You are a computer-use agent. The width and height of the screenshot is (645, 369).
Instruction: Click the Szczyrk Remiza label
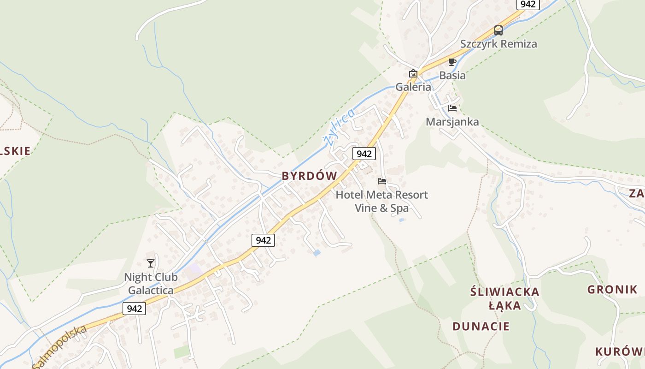498,44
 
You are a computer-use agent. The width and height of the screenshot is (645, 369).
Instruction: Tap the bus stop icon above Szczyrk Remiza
498,30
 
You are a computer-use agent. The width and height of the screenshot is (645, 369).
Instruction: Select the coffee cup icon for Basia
452,62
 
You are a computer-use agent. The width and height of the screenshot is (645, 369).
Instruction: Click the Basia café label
452,75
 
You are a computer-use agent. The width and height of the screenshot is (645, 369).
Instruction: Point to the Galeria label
413,87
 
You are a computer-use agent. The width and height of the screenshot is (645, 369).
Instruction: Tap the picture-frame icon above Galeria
413,73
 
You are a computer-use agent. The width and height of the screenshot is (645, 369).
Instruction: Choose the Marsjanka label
452,122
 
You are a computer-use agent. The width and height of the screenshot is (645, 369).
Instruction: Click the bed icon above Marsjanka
452,108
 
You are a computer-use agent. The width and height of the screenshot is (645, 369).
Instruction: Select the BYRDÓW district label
309,176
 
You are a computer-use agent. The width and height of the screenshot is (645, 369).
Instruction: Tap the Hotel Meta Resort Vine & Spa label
381,201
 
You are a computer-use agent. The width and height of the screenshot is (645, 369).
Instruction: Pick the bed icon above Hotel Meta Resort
382,181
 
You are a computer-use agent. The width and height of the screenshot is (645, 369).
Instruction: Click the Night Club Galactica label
151,284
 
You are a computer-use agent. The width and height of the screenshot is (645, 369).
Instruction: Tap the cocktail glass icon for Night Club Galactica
151,263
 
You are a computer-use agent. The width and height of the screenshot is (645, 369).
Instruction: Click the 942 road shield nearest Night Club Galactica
134,309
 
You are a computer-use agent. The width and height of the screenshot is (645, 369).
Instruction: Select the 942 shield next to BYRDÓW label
364,154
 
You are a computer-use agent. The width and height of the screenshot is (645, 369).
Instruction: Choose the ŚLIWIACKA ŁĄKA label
504,298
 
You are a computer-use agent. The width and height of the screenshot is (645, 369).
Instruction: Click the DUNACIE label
481,327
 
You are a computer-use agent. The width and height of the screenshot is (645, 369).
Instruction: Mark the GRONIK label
612,290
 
